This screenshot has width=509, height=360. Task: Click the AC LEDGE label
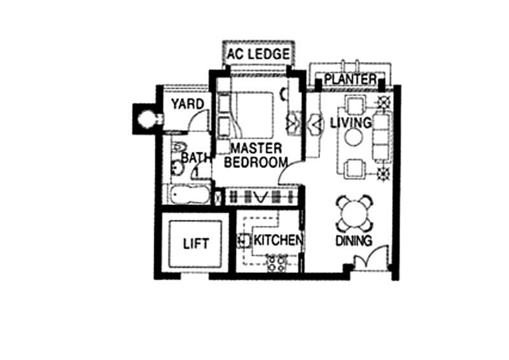[258, 54]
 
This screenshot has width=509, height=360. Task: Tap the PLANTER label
[351, 80]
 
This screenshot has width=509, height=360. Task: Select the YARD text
[188, 104]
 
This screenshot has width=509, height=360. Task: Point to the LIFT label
[196, 244]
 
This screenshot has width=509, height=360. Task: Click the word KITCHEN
[279, 240]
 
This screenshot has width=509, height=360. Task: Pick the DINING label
[354, 241]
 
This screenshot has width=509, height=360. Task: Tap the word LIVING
[351, 123]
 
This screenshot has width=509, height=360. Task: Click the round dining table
[354, 213]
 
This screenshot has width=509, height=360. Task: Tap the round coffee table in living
[354, 137]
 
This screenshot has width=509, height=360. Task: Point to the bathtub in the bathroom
[189, 195]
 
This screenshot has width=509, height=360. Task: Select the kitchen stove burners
[276, 263]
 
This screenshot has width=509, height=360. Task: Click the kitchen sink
[244, 241]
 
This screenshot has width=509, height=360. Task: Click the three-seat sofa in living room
[383, 135]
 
